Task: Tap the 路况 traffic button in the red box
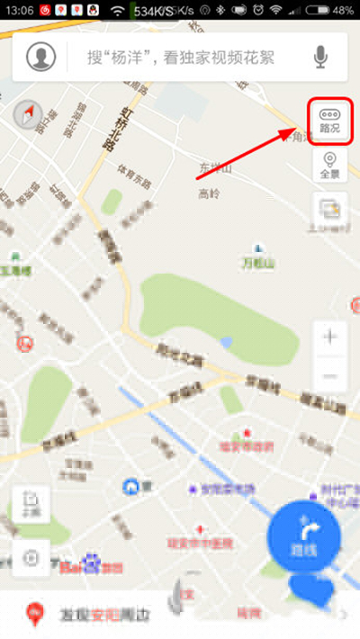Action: click(329, 121)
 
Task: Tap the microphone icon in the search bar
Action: click(320, 57)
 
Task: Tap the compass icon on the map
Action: click(28, 114)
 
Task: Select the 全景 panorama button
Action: click(329, 166)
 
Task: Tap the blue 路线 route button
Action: click(302, 538)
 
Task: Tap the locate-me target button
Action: click(31, 558)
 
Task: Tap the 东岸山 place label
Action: click(215, 169)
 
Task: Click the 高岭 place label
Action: click(209, 193)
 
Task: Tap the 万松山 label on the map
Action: click(256, 262)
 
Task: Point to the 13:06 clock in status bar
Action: click(18, 11)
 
